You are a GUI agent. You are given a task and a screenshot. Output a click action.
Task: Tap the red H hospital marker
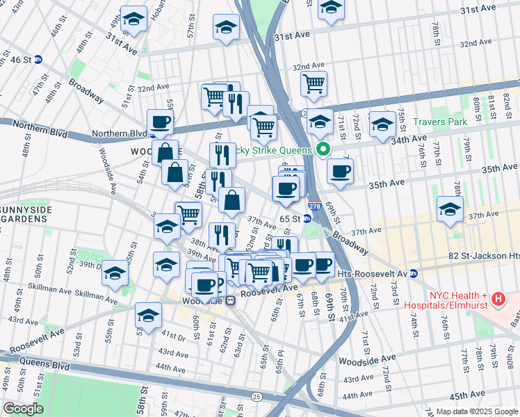coord(498,300)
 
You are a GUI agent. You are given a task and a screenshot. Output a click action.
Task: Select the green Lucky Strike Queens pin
coord(323,149)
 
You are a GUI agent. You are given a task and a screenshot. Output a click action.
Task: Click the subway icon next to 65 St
coord(307,218)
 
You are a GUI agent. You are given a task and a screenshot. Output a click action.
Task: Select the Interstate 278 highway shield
coord(315,206)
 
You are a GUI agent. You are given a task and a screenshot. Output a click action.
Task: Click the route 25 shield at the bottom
coord(257,396)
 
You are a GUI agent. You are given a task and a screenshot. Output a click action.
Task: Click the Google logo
coord(23,409)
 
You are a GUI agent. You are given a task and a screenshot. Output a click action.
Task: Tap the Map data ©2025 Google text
coord(477,411)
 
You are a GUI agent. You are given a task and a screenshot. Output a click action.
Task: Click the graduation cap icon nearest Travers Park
coord(382,124)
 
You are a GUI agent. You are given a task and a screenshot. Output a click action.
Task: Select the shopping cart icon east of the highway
coord(314,83)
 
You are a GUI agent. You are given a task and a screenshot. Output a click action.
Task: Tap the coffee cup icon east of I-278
coord(340,171)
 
